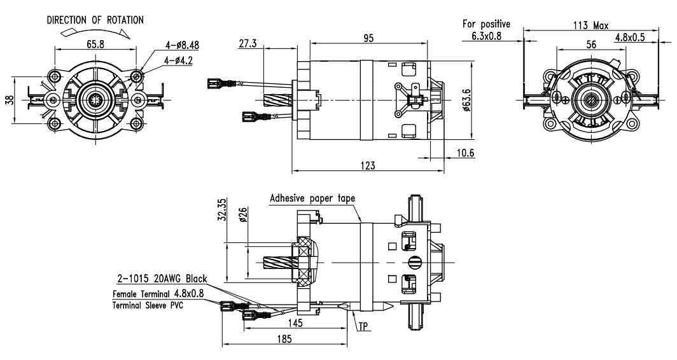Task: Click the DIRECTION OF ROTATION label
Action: (95, 20)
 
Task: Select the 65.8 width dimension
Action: (95, 44)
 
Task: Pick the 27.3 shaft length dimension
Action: (248, 43)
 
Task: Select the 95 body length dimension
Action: (368, 38)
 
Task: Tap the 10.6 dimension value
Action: (464, 153)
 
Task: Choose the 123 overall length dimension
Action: (368, 165)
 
